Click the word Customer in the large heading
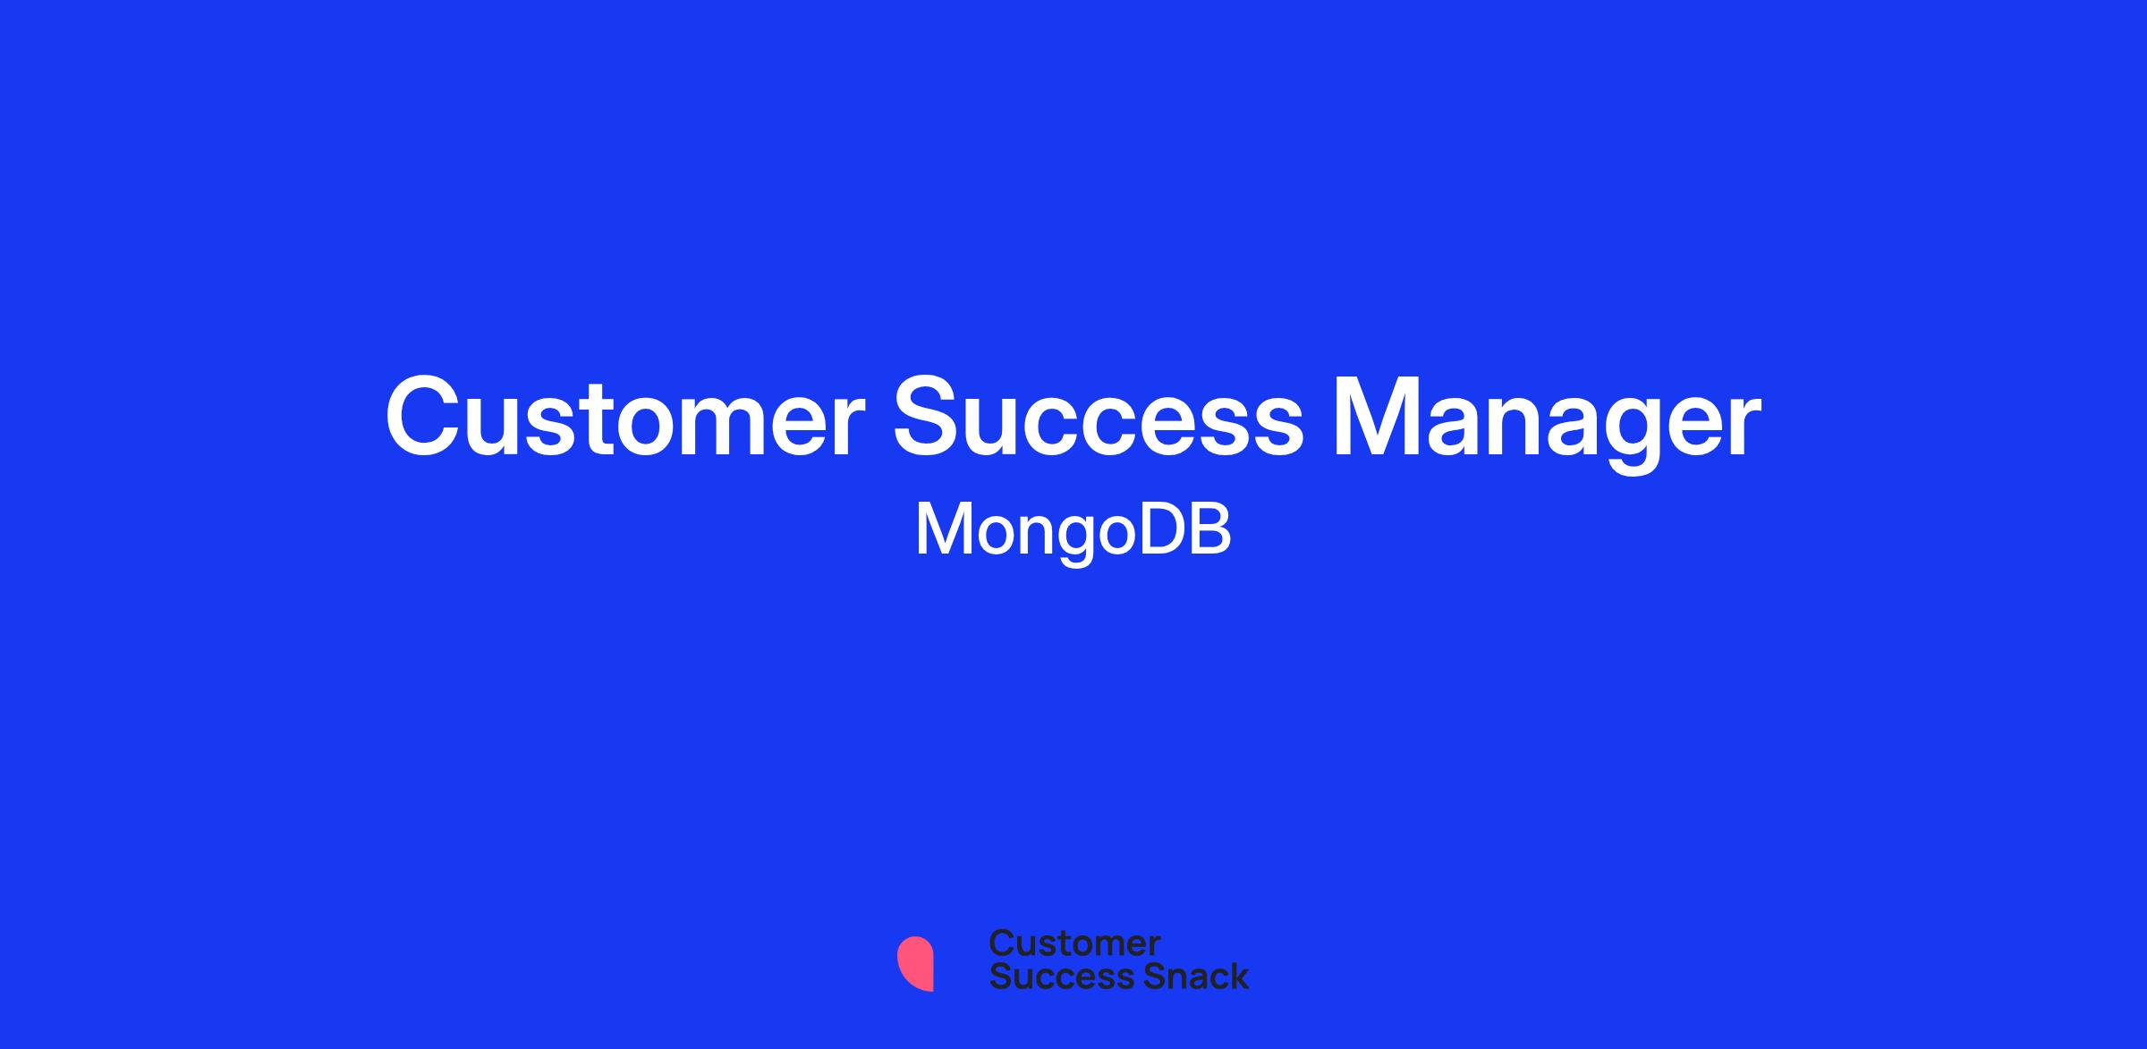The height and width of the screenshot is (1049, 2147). click(x=625, y=417)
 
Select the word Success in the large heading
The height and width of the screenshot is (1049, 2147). click(x=1099, y=417)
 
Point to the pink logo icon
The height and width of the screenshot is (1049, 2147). click(x=916, y=963)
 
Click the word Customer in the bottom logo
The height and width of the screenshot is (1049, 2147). click(x=1074, y=943)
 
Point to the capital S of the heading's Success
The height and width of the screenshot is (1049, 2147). click(x=929, y=417)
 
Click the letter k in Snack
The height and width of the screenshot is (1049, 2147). click(x=1238, y=975)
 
